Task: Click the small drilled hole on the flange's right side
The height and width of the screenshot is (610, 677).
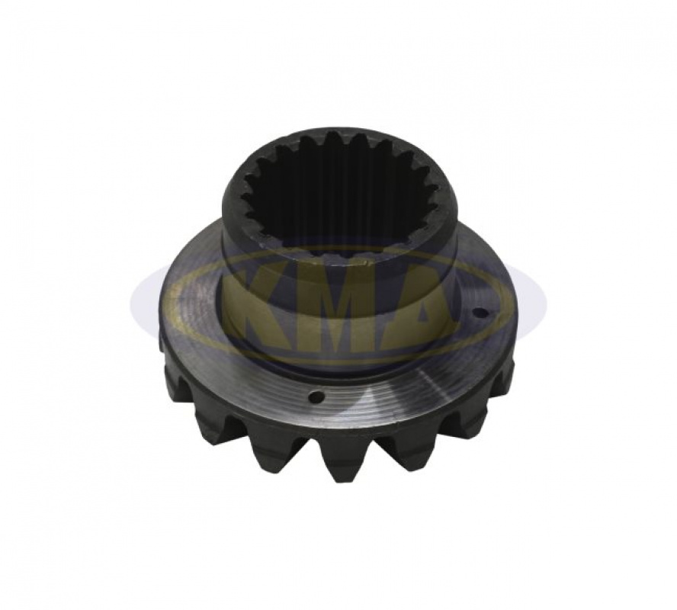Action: [478, 312]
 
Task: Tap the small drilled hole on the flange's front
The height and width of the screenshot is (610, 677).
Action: [317, 396]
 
